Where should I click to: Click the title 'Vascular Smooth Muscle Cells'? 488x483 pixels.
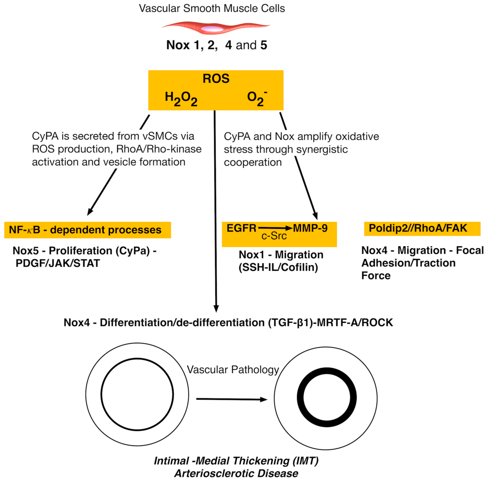(x=212, y=9)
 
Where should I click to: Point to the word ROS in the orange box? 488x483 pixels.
(x=216, y=78)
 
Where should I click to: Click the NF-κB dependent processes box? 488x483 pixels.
(x=87, y=230)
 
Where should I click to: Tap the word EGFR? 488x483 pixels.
(x=241, y=228)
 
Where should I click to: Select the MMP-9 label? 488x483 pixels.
(x=310, y=228)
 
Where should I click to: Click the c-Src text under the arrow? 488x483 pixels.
(x=274, y=236)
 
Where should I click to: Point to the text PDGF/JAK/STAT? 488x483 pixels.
(x=58, y=263)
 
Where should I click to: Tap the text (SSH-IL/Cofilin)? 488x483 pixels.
(x=278, y=267)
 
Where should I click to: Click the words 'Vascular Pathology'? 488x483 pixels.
(x=233, y=370)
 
